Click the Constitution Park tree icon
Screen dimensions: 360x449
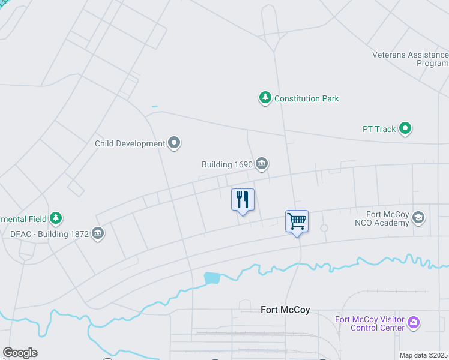(x=265, y=98)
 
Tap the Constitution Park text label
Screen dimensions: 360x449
(x=307, y=98)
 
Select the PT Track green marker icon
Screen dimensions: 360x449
(x=406, y=128)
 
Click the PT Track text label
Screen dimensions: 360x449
(x=379, y=129)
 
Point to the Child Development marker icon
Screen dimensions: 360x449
(x=175, y=143)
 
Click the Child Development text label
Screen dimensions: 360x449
(x=130, y=144)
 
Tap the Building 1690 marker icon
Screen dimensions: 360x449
(x=262, y=163)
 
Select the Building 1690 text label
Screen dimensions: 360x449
(x=227, y=164)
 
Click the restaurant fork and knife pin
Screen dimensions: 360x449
(x=243, y=200)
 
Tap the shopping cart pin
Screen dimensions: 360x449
(x=297, y=221)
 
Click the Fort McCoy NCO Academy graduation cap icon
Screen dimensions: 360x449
(x=418, y=218)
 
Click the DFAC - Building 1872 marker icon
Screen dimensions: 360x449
(x=98, y=233)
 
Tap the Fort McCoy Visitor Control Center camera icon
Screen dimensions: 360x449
(x=413, y=323)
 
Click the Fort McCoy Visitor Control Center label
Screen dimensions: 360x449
(x=369, y=323)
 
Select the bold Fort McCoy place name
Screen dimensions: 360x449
(x=285, y=310)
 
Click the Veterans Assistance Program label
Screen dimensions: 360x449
(x=410, y=59)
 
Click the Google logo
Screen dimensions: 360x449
(x=20, y=353)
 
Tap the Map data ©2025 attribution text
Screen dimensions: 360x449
(x=424, y=355)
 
